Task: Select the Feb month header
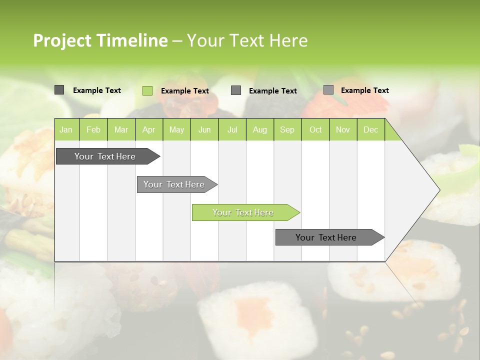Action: click(93, 129)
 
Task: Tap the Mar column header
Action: click(121, 129)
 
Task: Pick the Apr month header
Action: click(149, 129)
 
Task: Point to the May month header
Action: click(176, 129)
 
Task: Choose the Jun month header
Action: click(204, 129)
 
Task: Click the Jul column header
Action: click(232, 129)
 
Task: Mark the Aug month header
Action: click(260, 129)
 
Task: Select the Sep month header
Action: click(287, 129)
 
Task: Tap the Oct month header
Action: click(315, 129)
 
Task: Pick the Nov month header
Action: click(343, 129)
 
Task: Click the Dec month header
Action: click(371, 129)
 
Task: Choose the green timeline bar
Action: click(243, 212)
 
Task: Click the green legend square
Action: click(147, 90)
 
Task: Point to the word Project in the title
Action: click(62, 40)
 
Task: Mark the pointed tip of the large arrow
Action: click(439, 190)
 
